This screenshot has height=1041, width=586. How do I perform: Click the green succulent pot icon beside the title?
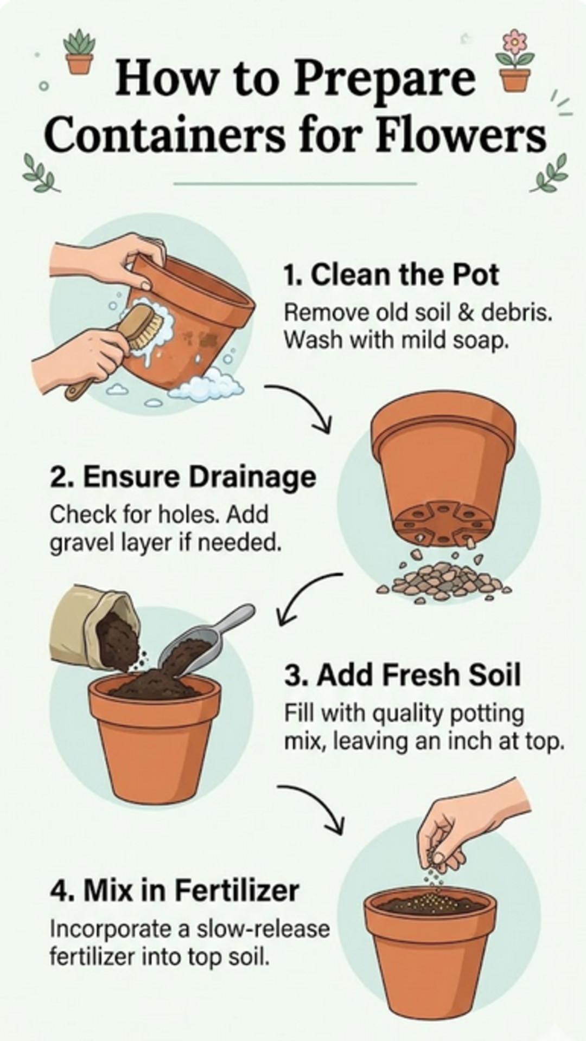tap(80, 52)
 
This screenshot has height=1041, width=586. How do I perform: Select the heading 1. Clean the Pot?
tap(391, 274)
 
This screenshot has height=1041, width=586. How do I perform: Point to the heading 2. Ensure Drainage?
tap(183, 477)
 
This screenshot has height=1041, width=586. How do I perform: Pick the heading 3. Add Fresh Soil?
tap(402, 676)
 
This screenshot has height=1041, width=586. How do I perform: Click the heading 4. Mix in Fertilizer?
tap(174, 890)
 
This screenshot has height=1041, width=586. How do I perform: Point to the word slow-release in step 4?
tap(263, 929)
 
